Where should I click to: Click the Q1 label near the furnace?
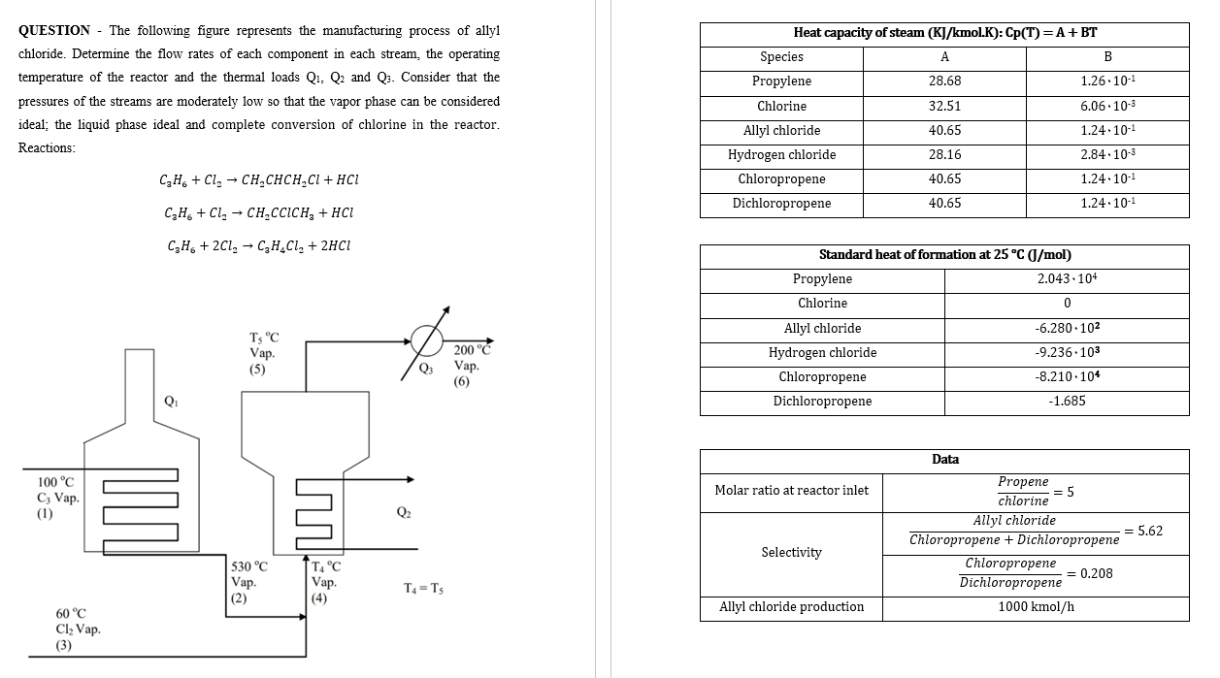171,401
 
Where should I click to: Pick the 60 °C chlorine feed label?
71,613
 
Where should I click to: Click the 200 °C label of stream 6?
472,350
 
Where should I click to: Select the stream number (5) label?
257,370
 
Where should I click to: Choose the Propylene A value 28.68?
944,81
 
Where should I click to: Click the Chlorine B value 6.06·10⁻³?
1107,106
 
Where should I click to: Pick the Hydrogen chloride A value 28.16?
944,155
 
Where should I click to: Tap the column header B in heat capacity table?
1107,56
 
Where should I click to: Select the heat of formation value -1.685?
1067,401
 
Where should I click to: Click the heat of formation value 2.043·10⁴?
1067,279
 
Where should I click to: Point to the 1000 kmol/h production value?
1036,607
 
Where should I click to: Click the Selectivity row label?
791,553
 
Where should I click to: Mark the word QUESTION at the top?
54,31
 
